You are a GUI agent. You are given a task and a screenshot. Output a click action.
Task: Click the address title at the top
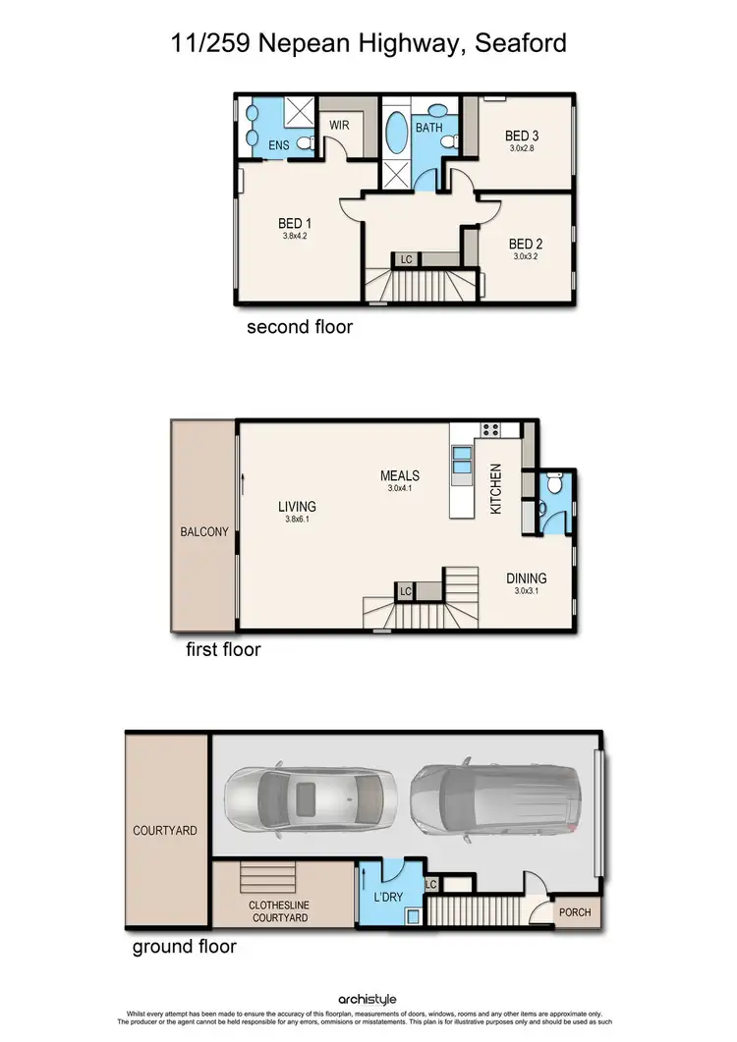(368, 43)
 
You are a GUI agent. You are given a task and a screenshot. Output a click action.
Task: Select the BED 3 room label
(522, 136)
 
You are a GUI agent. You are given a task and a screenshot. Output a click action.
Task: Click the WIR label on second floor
(339, 126)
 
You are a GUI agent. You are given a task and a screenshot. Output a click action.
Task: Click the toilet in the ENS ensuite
(306, 144)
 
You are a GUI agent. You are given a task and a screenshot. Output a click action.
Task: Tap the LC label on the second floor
(406, 260)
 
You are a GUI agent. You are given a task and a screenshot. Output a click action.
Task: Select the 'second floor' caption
(299, 327)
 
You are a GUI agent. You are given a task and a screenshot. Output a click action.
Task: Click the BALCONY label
(204, 532)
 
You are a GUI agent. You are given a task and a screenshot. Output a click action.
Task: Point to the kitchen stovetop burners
(489, 428)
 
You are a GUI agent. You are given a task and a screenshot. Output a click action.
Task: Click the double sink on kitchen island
(461, 460)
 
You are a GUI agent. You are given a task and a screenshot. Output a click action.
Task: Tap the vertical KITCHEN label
(496, 489)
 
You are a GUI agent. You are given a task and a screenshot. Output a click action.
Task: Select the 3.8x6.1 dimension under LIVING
(297, 521)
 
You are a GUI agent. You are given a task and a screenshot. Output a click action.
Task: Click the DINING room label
(526, 578)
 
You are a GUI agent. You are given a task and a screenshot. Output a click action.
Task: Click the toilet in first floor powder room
(555, 483)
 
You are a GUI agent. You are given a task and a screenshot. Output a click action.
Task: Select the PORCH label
(575, 912)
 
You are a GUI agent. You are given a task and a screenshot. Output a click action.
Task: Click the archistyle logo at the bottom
(368, 999)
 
